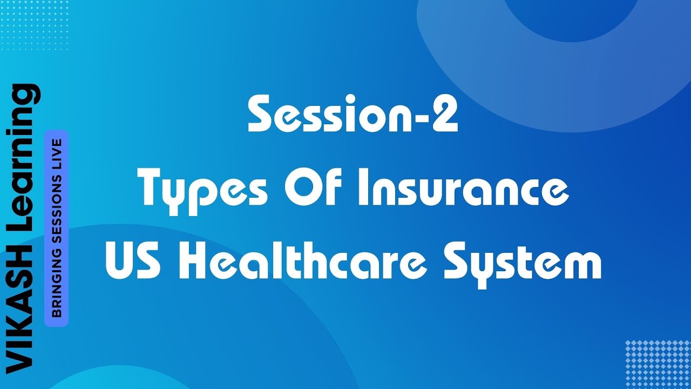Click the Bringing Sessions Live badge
(56, 228)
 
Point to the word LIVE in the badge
(56, 152)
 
